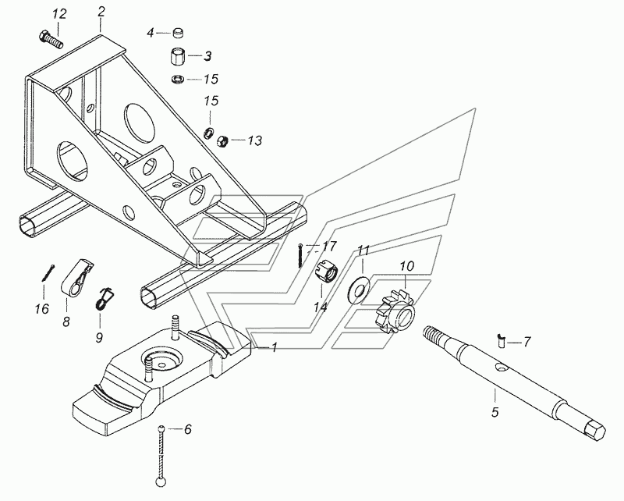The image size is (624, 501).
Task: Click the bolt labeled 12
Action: (51, 41)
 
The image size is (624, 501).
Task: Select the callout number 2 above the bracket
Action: (101, 12)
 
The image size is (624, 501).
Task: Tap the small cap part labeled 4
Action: (179, 33)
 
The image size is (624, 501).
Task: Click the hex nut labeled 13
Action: (222, 140)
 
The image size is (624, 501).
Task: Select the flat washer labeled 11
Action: (359, 287)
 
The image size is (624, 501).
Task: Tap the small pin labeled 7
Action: (501, 341)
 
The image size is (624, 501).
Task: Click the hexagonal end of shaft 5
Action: (595, 431)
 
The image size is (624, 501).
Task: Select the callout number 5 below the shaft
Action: (495, 412)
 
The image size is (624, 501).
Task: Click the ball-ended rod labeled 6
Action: (161, 456)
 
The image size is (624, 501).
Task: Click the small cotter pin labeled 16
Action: (48, 273)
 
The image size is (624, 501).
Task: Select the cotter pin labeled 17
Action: (301, 255)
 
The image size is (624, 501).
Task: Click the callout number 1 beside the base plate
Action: (275, 347)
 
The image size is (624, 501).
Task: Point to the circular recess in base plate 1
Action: (161, 361)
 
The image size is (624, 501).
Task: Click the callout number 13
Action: (255, 140)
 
